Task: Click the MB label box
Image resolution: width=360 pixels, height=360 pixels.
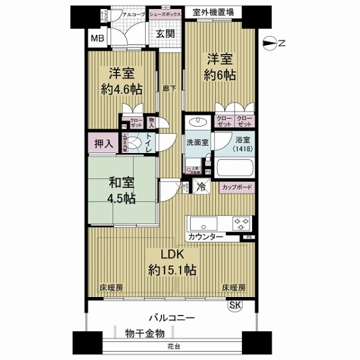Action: pyautogui.click(x=97, y=40)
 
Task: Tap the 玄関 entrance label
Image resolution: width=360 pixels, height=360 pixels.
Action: pyautogui.click(x=166, y=34)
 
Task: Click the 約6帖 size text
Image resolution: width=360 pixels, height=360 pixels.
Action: pyautogui.click(x=220, y=77)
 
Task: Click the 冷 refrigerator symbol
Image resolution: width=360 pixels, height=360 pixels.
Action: pyautogui.click(x=202, y=186)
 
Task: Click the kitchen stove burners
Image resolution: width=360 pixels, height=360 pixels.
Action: pyautogui.click(x=242, y=224)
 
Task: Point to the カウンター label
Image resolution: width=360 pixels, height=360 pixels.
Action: pyautogui.click(x=206, y=238)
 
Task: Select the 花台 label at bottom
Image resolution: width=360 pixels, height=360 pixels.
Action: pyautogui.click(x=172, y=347)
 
